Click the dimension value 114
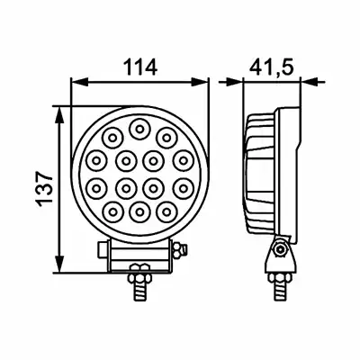tap(140, 67)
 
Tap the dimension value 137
tap(45, 189)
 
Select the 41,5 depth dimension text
tap(271, 67)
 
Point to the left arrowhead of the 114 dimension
tap(79, 82)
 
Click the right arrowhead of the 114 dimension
tap(200, 82)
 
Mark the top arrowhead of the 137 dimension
tap(60, 115)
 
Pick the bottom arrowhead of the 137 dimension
tap(60, 264)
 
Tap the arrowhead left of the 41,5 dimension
tap(235, 82)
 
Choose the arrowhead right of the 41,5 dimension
tap(309, 82)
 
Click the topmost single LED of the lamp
tap(139, 129)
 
